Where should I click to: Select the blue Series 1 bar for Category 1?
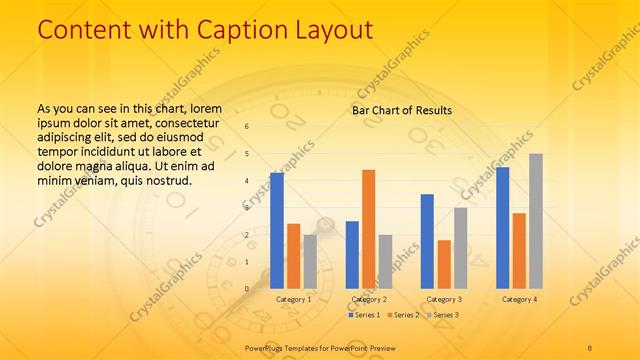point(277,231)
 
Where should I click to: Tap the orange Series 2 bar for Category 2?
point(368,229)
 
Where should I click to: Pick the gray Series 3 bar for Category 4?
point(536,221)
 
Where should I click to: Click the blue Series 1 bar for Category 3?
point(427,241)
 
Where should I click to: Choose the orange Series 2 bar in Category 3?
point(444,264)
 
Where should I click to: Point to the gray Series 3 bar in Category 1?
point(310,261)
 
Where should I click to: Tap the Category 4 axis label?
point(519,299)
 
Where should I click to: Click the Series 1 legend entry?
point(363,315)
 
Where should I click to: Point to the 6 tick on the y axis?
point(248,127)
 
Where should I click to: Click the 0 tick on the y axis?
point(248,289)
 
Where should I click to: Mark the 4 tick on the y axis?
point(248,181)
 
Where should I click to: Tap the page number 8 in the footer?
point(590,346)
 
